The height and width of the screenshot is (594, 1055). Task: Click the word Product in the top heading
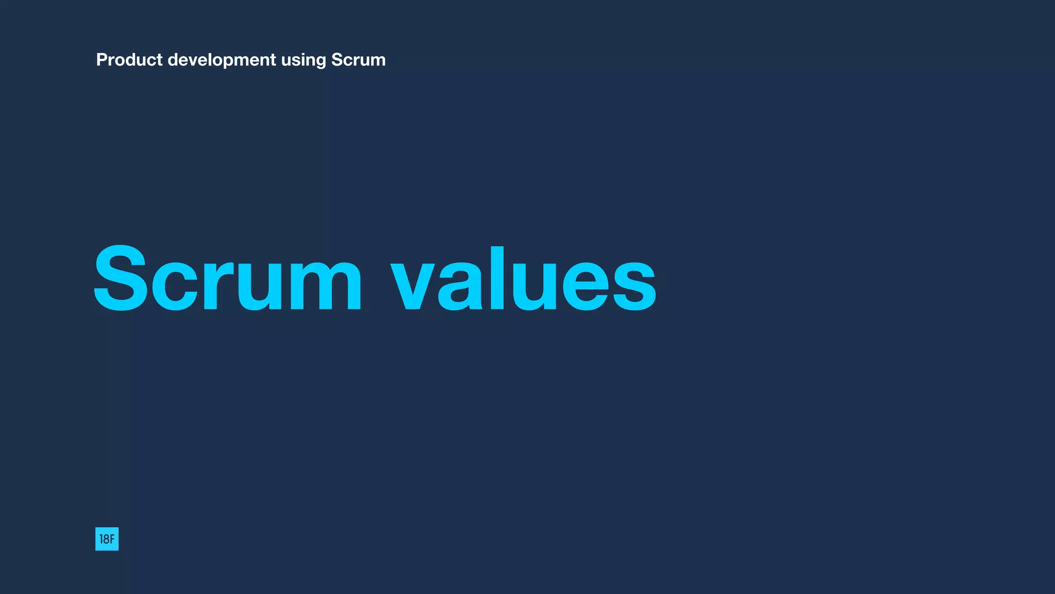pyautogui.click(x=129, y=60)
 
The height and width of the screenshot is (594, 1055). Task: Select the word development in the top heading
pyautogui.click(x=222, y=60)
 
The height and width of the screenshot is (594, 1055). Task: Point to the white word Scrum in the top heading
pyautogui.click(x=358, y=60)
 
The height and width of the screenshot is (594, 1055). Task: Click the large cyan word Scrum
pyautogui.click(x=228, y=279)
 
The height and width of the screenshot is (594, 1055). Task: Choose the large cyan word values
pyautogui.click(x=523, y=279)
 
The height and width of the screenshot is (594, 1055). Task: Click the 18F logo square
pyautogui.click(x=107, y=539)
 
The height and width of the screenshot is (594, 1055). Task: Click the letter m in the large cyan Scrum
pyautogui.click(x=325, y=284)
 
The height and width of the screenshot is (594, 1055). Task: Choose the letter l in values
pyautogui.click(x=497, y=278)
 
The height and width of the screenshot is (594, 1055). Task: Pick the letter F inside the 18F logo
pyautogui.click(x=112, y=539)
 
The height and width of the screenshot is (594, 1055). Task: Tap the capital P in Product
pyautogui.click(x=101, y=60)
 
